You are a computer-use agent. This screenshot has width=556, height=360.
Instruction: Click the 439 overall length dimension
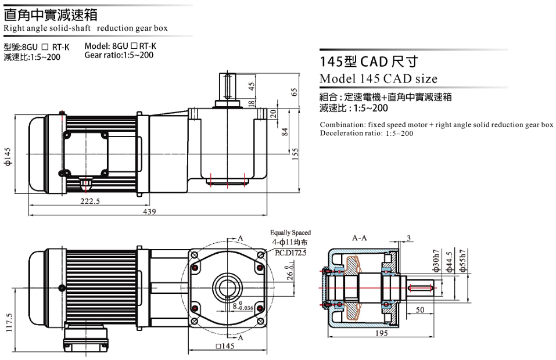tap(149, 211)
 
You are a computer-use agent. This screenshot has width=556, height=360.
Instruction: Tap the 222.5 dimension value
tap(90, 201)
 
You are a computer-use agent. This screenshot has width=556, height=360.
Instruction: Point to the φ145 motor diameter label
tap(8, 156)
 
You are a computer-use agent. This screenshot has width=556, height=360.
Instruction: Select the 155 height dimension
tap(295, 154)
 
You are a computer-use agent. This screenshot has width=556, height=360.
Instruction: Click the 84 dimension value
tap(284, 132)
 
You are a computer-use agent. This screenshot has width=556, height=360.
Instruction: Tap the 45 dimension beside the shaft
tap(252, 87)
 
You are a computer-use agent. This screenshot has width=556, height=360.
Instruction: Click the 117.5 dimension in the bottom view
tap(9, 322)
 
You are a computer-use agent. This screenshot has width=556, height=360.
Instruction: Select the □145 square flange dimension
tap(225, 346)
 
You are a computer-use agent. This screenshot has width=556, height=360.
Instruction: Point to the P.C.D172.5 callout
tap(290, 253)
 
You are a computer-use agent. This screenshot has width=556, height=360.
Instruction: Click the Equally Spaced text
tap(290, 232)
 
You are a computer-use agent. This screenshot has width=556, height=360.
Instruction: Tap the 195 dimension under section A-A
tap(381, 333)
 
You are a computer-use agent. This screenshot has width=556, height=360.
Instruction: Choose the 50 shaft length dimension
tap(420, 309)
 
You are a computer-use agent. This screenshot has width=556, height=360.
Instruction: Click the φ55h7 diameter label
tap(462, 261)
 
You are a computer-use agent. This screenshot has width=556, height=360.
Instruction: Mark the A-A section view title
tap(359, 238)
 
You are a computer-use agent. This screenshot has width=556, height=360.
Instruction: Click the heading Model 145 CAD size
tap(378, 78)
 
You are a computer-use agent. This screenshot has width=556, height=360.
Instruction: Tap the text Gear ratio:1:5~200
tap(119, 55)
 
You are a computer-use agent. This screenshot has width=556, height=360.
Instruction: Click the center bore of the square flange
tap(228, 287)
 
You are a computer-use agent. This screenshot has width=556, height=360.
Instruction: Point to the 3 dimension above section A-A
tap(409, 238)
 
